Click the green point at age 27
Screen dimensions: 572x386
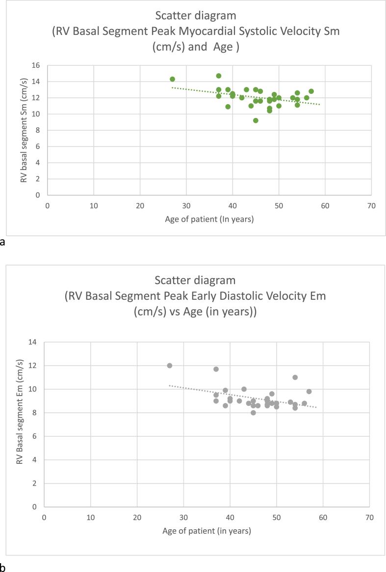point(172,79)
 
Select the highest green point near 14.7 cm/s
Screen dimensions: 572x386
point(219,76)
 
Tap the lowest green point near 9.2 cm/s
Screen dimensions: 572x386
point(256,120)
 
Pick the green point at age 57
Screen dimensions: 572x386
point(311,91)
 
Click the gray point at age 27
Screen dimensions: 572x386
point(170,366)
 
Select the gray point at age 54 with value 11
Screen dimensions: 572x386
point(295,377)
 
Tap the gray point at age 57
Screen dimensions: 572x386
point(309,392)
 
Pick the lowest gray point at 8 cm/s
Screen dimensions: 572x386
point(253,413)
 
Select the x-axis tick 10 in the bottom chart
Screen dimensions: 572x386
point(90,516)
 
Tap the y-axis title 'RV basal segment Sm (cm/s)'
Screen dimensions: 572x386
point(23,130)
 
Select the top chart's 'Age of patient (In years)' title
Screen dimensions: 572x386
point(209,219)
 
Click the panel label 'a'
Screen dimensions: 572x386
point(3,242)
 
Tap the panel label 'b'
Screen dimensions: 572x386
point(3,568)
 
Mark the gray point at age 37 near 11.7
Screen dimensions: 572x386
point(216,369)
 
